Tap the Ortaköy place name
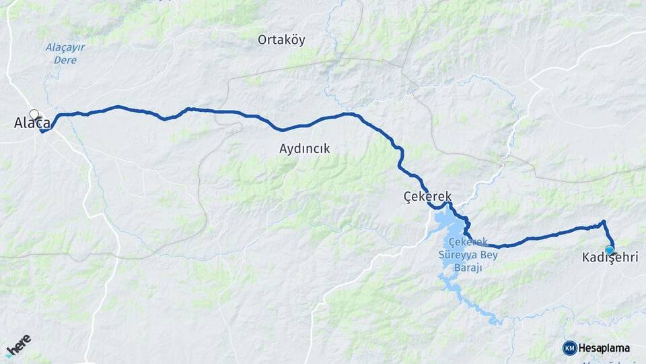point(281,40)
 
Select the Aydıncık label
point(304,149)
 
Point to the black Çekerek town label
point(427,196)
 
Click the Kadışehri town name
point(609,257)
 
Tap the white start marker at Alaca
point(34,115)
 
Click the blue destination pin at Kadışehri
point(609,250)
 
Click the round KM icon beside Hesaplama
point(569,348)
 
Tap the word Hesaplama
point(604,348)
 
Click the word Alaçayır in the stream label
point(65,47)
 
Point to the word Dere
point(65,60)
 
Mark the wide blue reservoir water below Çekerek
point(445,223)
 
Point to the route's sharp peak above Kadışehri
point(603,221)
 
